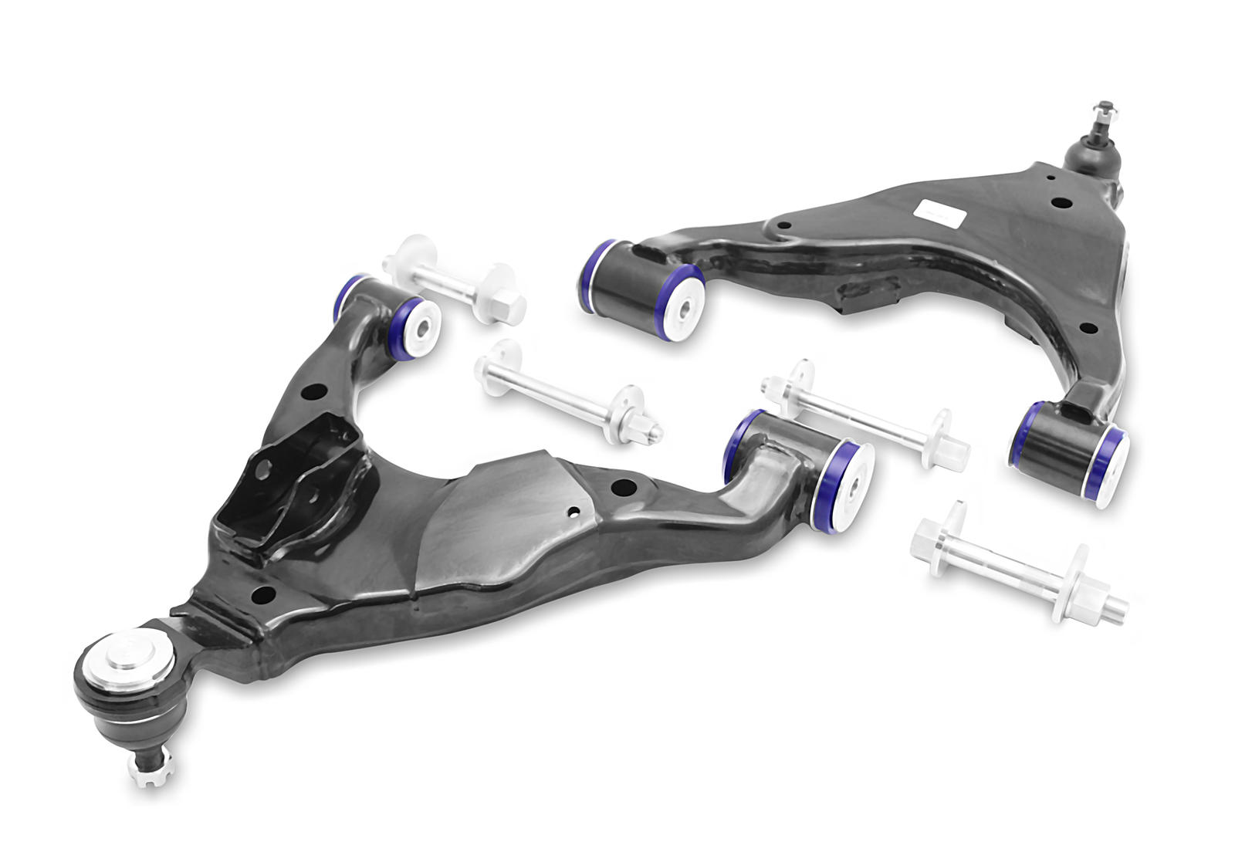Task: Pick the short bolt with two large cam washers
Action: tap(455, 278)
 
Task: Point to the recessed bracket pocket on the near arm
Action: tap(293, 478)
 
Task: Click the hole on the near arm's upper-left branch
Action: tap(313, 391)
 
